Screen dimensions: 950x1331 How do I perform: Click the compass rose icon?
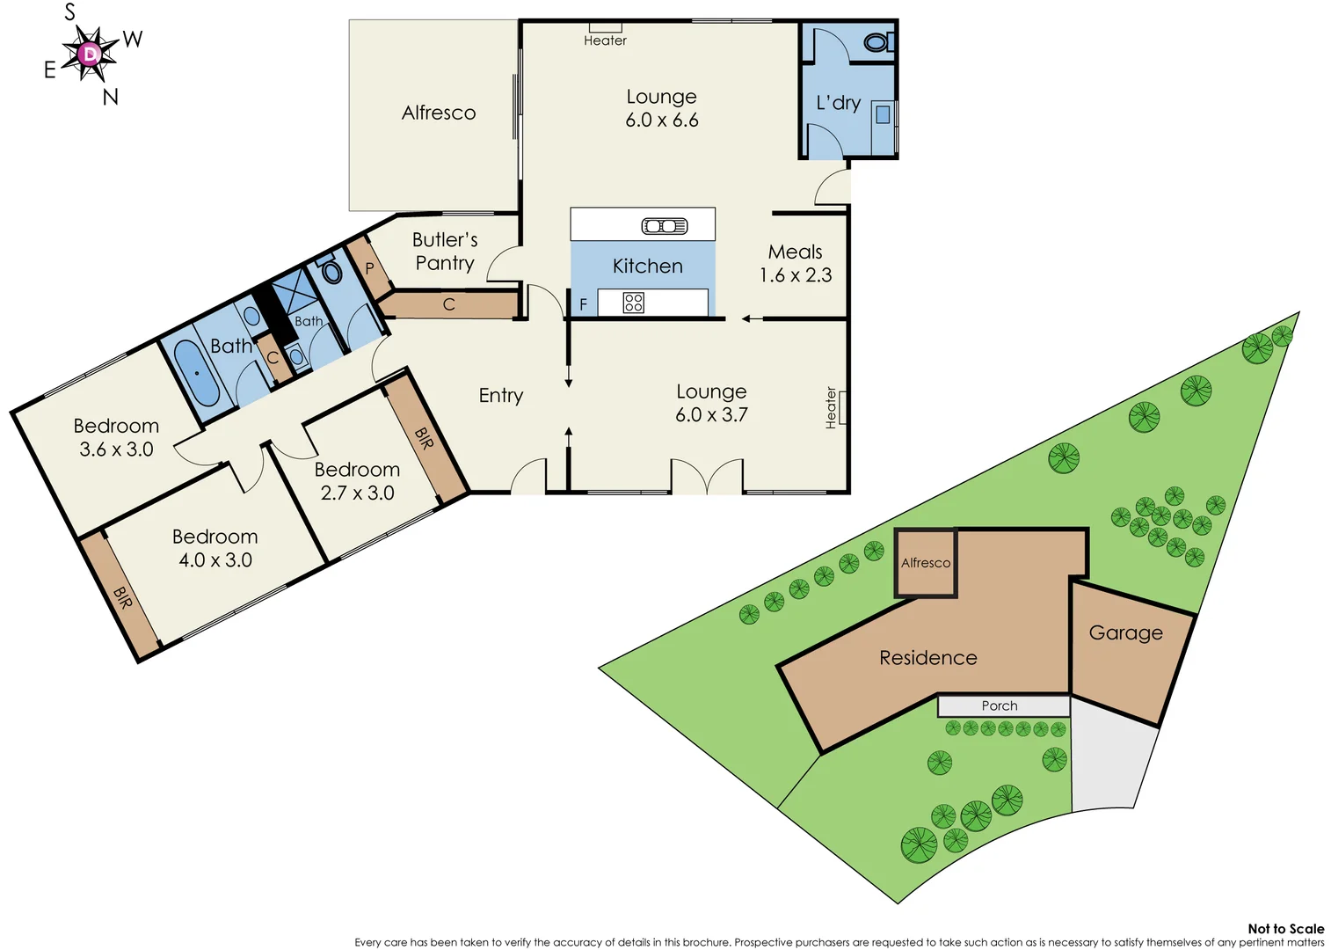(89, 55)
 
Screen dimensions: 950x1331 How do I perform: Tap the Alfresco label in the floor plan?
(438, 113)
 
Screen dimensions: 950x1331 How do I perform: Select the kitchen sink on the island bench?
(665, 226)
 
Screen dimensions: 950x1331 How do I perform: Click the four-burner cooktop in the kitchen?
(633, 303)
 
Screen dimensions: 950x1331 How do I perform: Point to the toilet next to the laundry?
(876, 42)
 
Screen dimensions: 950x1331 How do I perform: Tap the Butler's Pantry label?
(445, 252)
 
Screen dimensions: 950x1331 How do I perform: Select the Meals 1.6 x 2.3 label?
(795, 264)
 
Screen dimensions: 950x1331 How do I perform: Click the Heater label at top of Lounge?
(605, 40)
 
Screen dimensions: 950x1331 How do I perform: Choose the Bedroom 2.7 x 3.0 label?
(357, 481)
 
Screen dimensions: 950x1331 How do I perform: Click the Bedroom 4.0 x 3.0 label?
(215, 548)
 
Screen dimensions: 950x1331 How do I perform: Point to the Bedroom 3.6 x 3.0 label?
(116, 437)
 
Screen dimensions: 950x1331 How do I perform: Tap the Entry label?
(500, 396)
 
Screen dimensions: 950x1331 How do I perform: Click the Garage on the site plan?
(1126, 633)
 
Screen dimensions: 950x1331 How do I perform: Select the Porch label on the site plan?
(1000, 705)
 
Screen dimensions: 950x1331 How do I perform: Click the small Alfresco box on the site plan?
(926, 563)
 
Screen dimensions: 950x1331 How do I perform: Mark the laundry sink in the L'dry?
(883, 114)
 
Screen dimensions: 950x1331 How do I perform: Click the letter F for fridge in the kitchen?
(583, 304)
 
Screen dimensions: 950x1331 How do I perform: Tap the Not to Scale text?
(1285, 929)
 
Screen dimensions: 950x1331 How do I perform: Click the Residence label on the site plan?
(928, 658)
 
